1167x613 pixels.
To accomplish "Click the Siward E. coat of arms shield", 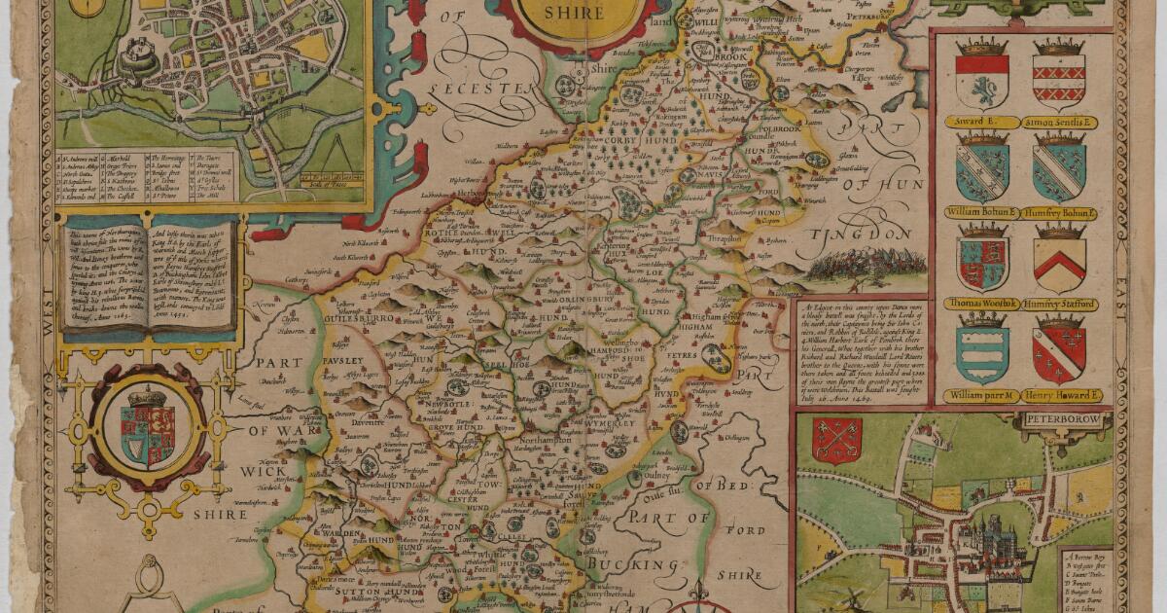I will pos(981,81).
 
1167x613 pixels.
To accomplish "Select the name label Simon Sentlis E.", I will pos(1060,124).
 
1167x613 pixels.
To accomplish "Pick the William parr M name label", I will pos(982,396).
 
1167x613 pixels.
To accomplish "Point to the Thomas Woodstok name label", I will pos(982,305).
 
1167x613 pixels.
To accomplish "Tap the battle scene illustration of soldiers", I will pos(847,264).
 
